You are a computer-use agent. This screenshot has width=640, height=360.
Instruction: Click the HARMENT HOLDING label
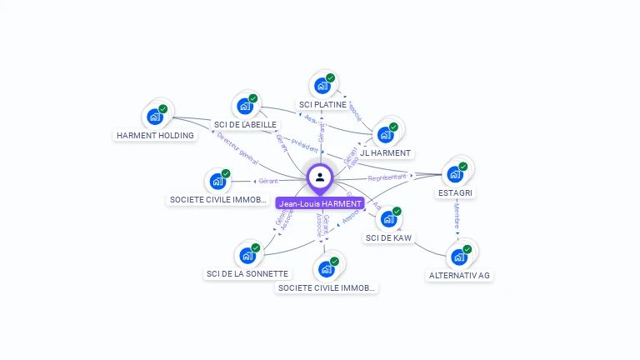pyautogui.click(x=155, y=135)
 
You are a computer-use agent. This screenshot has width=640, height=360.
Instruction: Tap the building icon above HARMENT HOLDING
pyautogui.click(x=154, y=117)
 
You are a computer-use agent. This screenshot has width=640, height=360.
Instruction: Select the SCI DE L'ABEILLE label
pyautogui.click(x=245, y=124)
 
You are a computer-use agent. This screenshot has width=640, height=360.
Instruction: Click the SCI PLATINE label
pyautogui.click(x=322, y=104)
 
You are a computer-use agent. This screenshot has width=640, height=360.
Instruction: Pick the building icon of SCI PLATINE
pyautogui.click(x=322, y=86)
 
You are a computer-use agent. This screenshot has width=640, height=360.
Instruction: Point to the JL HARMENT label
pyautogui.click(x=385, y=152)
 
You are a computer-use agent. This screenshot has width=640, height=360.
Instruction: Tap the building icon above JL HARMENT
pyautogui.click(x=385, y=134)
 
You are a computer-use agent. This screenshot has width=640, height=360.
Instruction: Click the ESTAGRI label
pyautogui.click(x=455, y=192)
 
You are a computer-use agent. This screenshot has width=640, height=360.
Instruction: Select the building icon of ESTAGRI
pyautogui.click(x=454, y=174)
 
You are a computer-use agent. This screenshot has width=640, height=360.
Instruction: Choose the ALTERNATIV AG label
pyautogui.click(x=459, y=275)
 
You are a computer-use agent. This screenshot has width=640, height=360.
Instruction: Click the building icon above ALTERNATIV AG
pyautogui.click(x=458, y=257)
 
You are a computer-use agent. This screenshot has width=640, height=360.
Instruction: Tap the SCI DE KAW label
pyautogui.click(x=388, y=237)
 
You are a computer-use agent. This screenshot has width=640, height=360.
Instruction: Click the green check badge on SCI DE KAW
pyautogui.click(x=397, y=212)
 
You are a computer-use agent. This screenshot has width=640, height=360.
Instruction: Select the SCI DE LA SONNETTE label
pyautogui.click(x=247, y=273)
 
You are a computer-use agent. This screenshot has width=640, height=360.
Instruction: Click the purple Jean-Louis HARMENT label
pyautogui.click(x=320, y=203)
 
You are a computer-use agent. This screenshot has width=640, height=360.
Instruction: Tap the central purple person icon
pyautogui.click(x=320, y=177)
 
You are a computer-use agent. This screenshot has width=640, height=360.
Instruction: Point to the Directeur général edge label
pyautogui.click(x=237, y=148)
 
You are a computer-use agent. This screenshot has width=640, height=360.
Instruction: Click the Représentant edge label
pyautogui.click(x=387, y=177)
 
